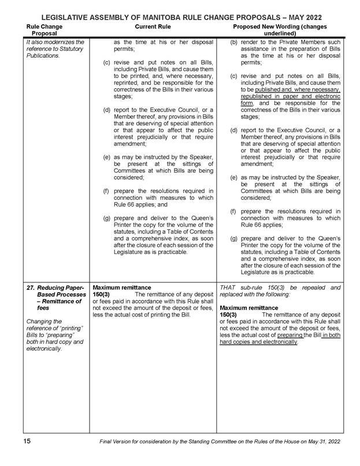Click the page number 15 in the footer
pyautogui.click(x=27, y=441)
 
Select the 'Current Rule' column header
pyautogui.click(x=152, y=27)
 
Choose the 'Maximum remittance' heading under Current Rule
pyautogui.click(x=121, y=287)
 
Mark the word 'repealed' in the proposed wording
pyautogui.click(x=313, y=287)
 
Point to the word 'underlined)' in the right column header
pyautogui.click(x=279, y=33)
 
